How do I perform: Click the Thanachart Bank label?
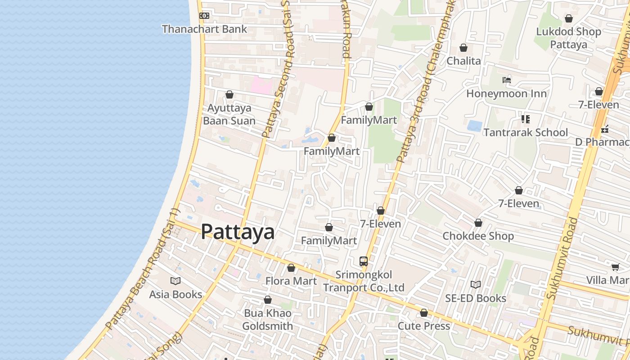[x=204, y=29]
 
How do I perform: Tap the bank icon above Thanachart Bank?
[x=204, y=16]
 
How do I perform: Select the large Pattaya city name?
[x=238, y=232]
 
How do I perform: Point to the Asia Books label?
[x=175, y=294]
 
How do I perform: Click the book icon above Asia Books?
[x=175, y=281]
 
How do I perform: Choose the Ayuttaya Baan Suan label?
[x=229, y=114]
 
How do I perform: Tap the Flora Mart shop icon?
[x=291, y=268]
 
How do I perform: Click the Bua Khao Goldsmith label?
[x=268, y=319]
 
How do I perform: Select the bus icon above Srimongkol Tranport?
[x=364, y=261]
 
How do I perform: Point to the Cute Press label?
[x=424, y=326]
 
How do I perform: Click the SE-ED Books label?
[x=476, y=298]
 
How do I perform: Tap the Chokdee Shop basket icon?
[x=478, y=223]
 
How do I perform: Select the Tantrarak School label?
[x=526, y=132]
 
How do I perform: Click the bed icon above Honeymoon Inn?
[x=507, y=81]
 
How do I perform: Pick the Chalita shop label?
[x=463, y=61]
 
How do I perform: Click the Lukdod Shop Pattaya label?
[x=569, y=38]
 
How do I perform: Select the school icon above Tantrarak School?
[x=526, y=119]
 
